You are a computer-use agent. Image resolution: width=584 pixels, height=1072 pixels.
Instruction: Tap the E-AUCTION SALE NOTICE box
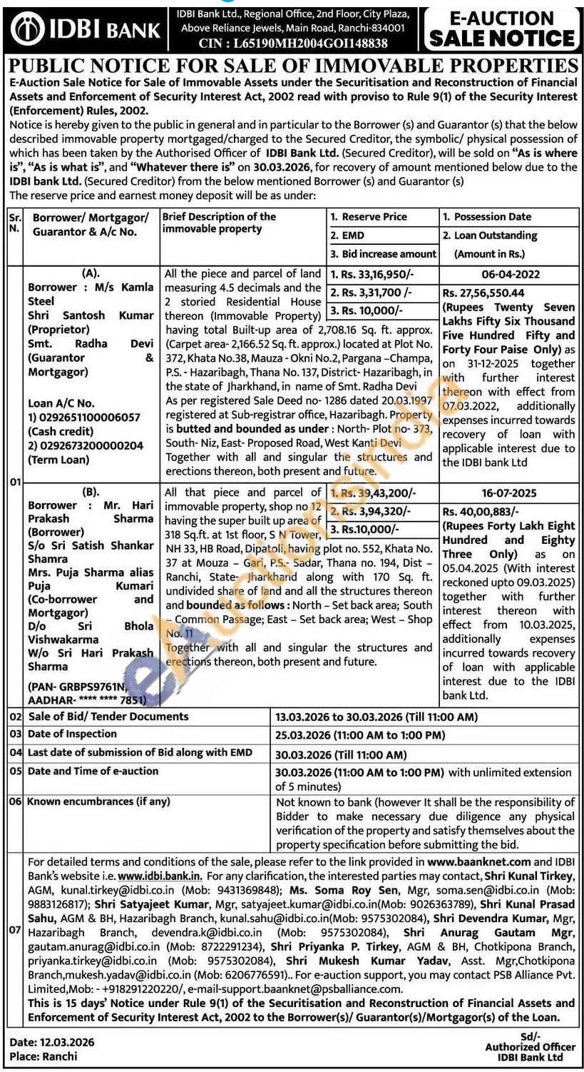pyautogui.click(x=501, y=28)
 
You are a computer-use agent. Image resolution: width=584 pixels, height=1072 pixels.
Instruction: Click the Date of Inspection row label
pyautogui.click(x=72, y=734)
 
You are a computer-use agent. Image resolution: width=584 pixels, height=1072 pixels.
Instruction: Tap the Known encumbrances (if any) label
pyautogui.click(x=98, y=802)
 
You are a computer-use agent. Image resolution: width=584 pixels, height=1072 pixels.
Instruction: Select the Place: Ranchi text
pyautogui.click(x=43, y=1056)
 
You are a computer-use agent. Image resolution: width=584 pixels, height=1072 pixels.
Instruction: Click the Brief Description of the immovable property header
pyautogui.click(x=220, y=222)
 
